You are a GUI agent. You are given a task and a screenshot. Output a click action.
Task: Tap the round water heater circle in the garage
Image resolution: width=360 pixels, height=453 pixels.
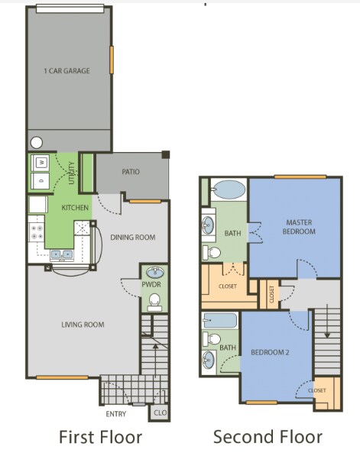click(x=37, y=141)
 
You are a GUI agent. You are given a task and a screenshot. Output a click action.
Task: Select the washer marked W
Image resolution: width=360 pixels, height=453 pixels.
click(x=39, y=162)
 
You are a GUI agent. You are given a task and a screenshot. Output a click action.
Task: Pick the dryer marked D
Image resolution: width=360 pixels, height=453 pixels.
click(x=39, y=180)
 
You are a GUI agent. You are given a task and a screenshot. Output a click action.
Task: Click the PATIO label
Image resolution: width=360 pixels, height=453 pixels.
click(x=131, y=172)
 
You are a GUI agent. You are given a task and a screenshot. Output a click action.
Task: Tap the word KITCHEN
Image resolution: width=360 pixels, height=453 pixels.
click(x=76, y=208)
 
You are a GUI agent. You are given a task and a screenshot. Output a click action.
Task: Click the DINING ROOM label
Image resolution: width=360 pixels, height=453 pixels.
click(x=132, y=238)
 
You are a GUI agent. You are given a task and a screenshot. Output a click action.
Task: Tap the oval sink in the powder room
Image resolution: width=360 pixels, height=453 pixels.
click(x=154, y=272)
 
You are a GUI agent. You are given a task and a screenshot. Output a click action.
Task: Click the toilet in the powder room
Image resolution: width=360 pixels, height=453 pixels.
click(x=154, y=300)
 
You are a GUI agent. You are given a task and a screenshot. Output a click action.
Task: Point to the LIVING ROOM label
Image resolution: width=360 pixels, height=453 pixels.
click(x=83, y=325)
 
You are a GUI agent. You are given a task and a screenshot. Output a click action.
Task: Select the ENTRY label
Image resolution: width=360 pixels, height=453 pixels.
click(x=116, y=414)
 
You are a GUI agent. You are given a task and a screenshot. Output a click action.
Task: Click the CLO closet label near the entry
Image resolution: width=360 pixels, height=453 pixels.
click(x=160, y=413)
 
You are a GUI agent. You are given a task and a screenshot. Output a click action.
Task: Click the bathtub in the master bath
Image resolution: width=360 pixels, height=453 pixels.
click(x=228, y=189)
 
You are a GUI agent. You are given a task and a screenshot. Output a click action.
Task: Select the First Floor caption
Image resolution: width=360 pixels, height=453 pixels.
click(x=100, y=437)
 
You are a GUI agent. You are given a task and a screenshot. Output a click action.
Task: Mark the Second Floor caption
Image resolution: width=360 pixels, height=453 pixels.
click(x=268, y=437)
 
